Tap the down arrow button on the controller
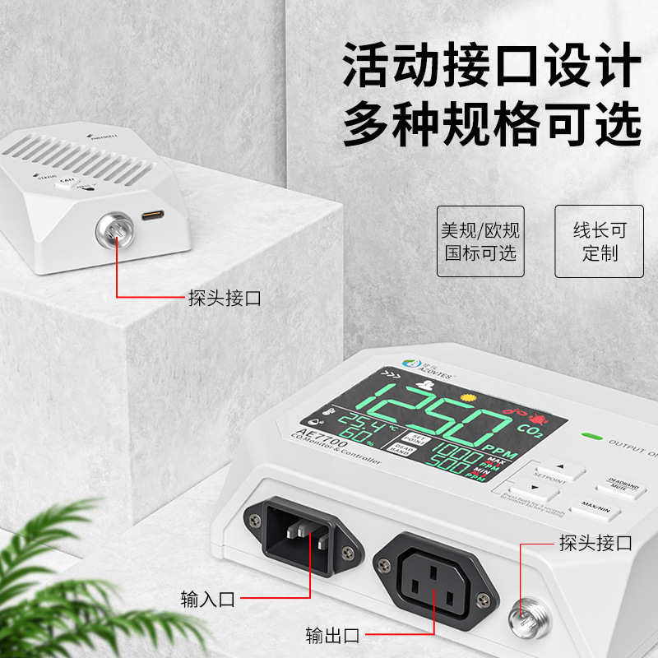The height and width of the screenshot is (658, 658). [x=527, y=493]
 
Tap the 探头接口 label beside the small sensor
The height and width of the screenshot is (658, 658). [x=225, y=297]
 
